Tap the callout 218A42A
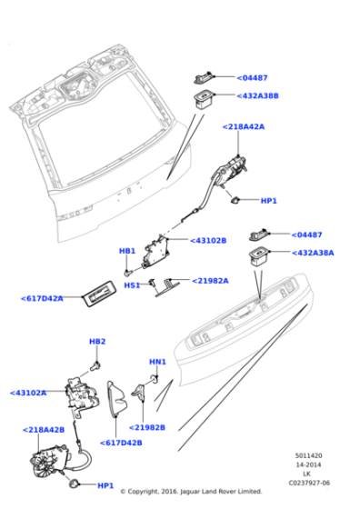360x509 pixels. point(243,127)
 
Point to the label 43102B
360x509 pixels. point(208,241)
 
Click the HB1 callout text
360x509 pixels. point(127,251)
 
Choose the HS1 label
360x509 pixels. point(132,284)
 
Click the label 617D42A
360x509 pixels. point(42,298)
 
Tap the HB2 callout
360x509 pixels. point(97,341)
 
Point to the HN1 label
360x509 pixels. point(157,362)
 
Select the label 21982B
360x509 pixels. point(147,426)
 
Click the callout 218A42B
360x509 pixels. point(43,429)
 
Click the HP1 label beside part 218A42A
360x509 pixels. point(268,201)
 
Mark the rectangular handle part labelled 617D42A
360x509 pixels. point(98,291)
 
